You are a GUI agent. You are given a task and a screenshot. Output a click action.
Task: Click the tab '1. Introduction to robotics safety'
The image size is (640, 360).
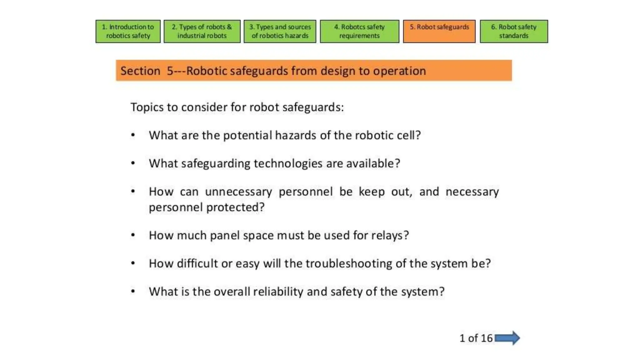pyautogui.click(x=128, y=31)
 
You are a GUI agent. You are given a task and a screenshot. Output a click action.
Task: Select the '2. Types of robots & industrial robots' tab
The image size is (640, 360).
pyautogui.click(x=202, y=31)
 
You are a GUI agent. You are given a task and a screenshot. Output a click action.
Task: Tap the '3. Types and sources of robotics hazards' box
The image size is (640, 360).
pyautogui.click(x=280, y=31)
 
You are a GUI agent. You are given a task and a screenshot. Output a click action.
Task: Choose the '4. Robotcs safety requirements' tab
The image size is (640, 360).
pyautogui.click(x=359, y=31)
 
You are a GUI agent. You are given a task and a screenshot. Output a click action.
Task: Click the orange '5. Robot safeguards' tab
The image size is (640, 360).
pyautogui.click(x=439, y=31)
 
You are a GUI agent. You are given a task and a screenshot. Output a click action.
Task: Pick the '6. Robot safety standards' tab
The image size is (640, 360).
pyautogui.click(x=514, y=31)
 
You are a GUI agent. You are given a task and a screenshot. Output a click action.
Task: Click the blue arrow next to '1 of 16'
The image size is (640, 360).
pyautogui.click(x=507, y=338)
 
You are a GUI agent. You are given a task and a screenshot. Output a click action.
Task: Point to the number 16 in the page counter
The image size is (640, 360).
pyautogui.click(x=487, y=338)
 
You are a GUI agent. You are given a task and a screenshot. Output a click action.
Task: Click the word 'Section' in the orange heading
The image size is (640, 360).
pyautogui.click(x=140, y=71)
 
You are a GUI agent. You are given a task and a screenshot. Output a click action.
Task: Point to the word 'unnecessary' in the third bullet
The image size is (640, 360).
pyautogui.click(x=238, y=192)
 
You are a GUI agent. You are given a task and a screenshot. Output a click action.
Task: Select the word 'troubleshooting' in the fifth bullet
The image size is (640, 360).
pyautogui.click(x=348, y=263)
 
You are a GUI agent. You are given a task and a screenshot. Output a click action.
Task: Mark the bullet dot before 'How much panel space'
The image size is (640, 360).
pyautogui.click(x=133, y=235)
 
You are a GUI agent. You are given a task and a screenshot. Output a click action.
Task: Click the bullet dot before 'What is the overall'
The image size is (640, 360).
pyautogui.click(x=133, y=291)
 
